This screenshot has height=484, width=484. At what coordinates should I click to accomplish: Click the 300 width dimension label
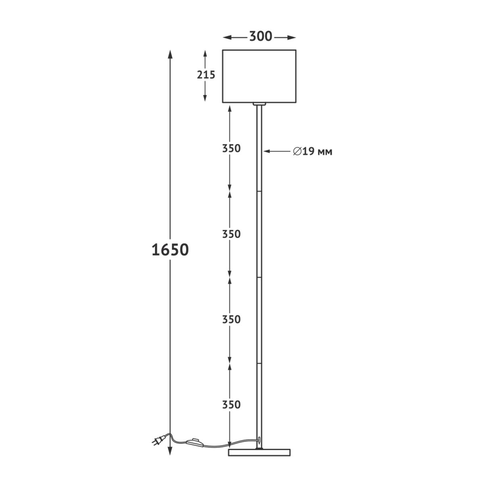point(261,36)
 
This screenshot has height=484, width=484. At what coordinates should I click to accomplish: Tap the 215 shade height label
point(206,75)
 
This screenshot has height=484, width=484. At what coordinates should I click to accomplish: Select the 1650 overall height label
point(170,250)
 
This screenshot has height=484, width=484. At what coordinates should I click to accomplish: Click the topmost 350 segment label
point(232,148)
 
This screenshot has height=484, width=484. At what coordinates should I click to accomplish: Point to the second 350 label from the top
point(232,234)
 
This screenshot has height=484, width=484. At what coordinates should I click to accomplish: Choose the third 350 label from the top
point(232,319)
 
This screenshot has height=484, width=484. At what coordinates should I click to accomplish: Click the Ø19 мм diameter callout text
point(313,152)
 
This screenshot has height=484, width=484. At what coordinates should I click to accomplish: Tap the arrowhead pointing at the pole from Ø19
point(267,151)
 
